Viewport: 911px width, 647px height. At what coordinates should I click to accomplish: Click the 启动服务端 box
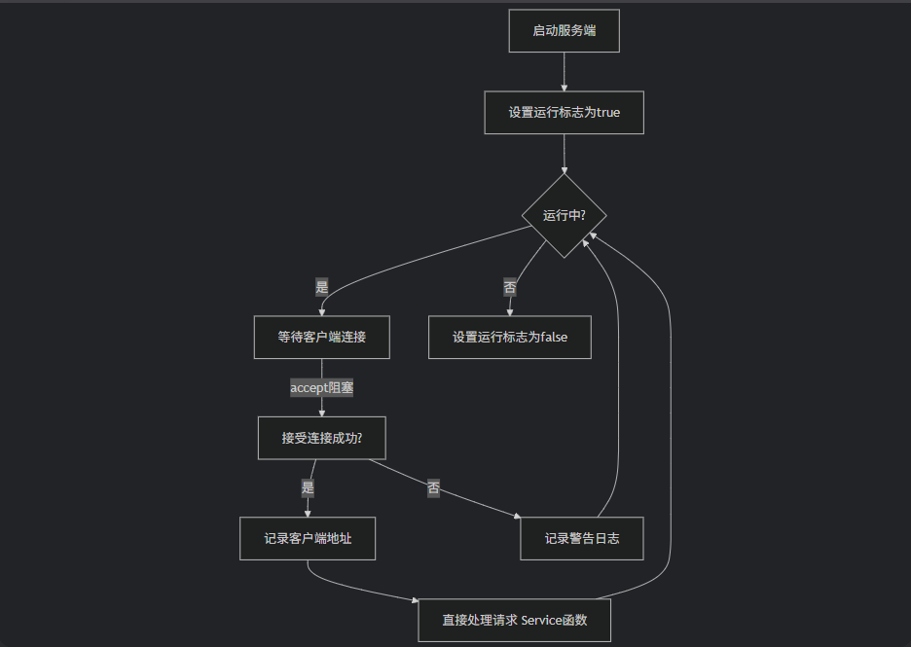pyautogui.click(x=564, y=31)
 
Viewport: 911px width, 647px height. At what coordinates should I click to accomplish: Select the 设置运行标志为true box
pyautogui.click(x=564, y=112)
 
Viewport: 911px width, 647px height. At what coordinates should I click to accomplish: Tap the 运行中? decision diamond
pyautogui.click(x=564, y=216)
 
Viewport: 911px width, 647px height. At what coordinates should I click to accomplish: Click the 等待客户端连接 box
pyautogui.click(x=321, y=338)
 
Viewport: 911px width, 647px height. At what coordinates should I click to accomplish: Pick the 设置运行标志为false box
pyautogui.click(x=509, y=338)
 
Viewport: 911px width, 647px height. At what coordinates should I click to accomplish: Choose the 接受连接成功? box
pyautogui.click(x=322, y=438)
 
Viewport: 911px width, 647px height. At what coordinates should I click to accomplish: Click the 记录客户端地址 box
pyautogui.click(x=308, y=538)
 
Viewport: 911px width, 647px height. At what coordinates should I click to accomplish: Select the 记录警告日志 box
pyautogui.click(x=581, y=538)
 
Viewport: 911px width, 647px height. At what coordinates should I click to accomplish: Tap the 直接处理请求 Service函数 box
pyautogui.click(x=514, y=620)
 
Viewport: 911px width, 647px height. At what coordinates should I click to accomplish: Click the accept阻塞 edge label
pyautogui.click(x=321, y=388)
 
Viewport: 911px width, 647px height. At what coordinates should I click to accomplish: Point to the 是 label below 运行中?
pyautogui.click(x=322, y=287)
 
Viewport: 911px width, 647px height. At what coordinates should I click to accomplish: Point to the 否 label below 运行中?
pyautogui.click(x=510, y=287)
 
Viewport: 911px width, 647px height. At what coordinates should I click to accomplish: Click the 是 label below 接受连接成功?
pyautogui.click(x=309, y=487)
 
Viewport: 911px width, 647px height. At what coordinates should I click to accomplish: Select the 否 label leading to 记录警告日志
pyautogui.click(x=433, y=488)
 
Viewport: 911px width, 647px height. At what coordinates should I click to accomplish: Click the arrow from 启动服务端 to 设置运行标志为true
pyautogui.click(x=565, y=72)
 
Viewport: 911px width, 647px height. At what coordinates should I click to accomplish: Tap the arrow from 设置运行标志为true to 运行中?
pyautogui.click(x=565, y=154)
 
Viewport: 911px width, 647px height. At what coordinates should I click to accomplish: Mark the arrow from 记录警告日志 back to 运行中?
pyautogui.click(x=617, y=389)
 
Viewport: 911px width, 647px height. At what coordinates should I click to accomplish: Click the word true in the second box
pyautogui.click(x=607, y=112)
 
